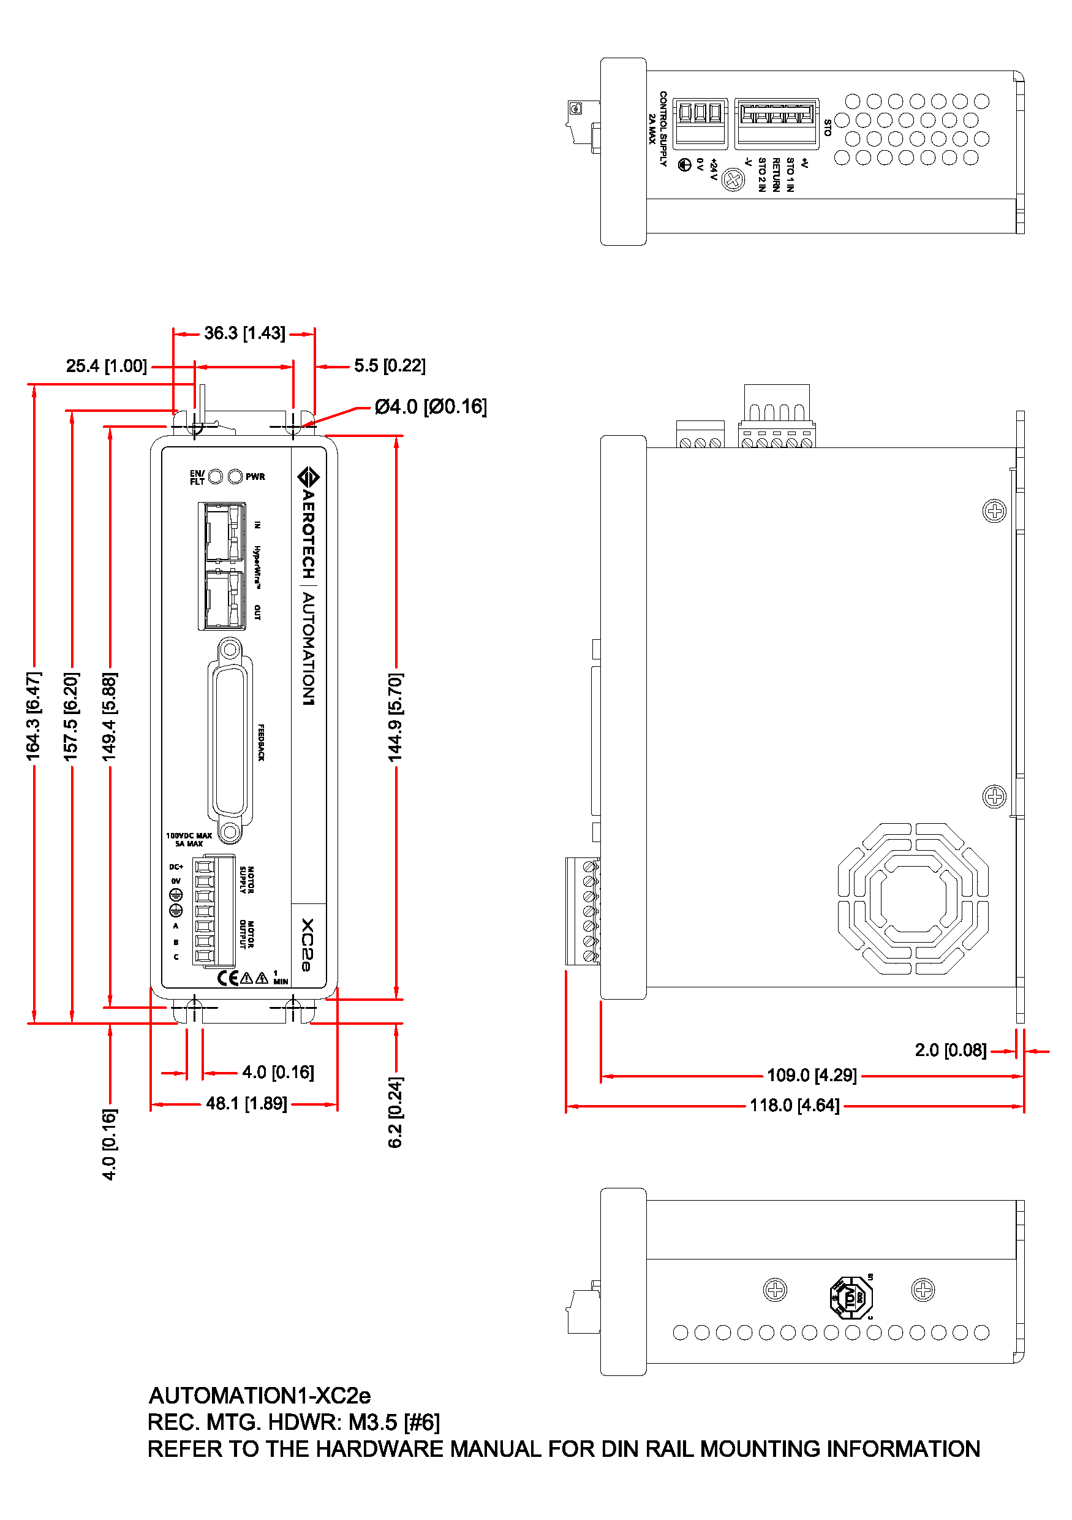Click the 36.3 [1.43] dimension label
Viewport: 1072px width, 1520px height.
(x=244, y=333)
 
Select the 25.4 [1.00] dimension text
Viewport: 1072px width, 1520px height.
(x=107, y=366)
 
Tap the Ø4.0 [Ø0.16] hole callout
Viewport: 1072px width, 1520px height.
(x=430, y=406)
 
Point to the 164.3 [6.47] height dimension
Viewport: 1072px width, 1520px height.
(x=33, y=716)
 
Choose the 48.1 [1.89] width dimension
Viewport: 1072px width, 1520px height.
(x=246, y=1104)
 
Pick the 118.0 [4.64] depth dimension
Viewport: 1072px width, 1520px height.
(x=794, y=1106)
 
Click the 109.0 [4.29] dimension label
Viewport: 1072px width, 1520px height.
(x=811, y=1075)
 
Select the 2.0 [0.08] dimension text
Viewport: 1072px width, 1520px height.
(x=950, y=1051)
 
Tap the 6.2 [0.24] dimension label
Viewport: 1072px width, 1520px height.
(x=395, y=1112)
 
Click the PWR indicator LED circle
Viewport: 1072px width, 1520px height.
(x=235, y=477)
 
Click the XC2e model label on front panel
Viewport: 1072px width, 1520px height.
(x=307, y=944)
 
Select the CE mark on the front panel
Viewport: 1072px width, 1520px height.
(x=228, y=978)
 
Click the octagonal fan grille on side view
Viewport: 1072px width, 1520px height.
(x=913, y=899)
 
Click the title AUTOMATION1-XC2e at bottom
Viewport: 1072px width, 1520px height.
(x=259, y=1396)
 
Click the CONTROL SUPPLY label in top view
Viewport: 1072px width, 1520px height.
(x=663, y=129)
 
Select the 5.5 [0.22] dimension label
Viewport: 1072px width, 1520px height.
(x=390, y=366)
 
